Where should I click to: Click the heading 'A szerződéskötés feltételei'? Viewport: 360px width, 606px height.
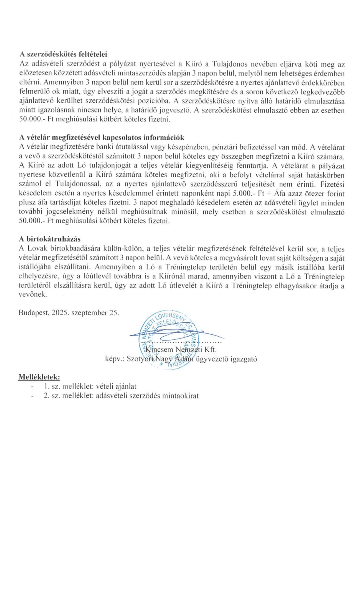(63, 55)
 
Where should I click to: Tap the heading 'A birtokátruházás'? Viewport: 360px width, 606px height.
(50, 239)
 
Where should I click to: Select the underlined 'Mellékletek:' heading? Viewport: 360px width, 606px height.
(39, 377)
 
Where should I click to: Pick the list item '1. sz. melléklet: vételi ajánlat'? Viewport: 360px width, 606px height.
(90, 386)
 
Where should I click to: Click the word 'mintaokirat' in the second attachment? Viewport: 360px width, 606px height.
(183, 396)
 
